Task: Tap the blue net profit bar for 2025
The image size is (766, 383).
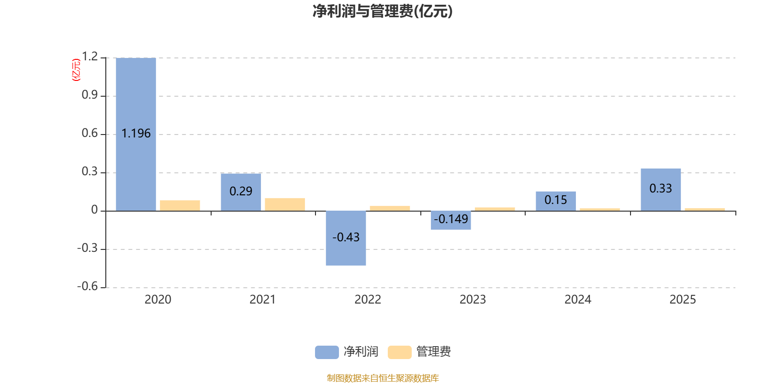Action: click(661, 201)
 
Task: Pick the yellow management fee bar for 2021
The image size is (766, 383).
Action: click(285, 204)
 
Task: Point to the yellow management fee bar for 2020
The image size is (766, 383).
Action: click(180, 205)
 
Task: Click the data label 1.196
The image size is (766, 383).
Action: click(136, 134)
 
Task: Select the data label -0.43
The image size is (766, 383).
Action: click(346, 237)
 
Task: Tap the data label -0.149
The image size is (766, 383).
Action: click(451, 219)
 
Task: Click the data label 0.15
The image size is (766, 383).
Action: click(555, 200)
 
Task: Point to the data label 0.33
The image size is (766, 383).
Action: click(661, 189)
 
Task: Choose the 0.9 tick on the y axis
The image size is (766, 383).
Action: click(90, 95)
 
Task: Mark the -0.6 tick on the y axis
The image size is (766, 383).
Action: click(87, 286)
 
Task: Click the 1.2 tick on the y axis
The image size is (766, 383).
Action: click(90, 57)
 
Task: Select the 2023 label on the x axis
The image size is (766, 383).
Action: click(473, 300)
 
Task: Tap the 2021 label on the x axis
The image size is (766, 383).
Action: click(262, 300)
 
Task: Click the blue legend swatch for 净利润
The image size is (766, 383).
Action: click(327, 352)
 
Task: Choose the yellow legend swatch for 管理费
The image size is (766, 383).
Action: click(400, 352)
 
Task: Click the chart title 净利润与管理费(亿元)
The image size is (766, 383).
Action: click(383, 11)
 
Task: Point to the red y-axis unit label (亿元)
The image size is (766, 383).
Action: click(76, 70)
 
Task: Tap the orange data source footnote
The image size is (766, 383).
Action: click(383, 378)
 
